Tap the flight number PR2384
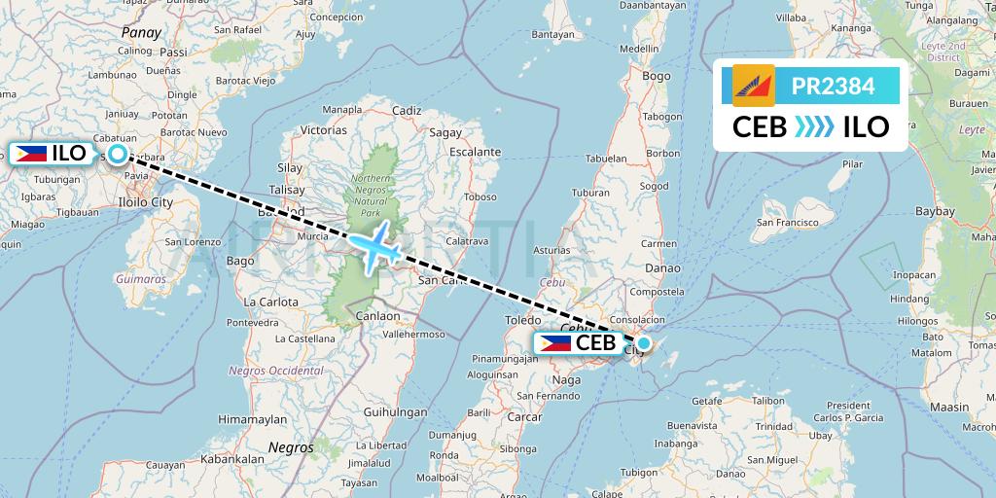[x=833, y=87]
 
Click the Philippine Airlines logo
[x=753, y=87]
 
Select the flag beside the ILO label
[x=31, y=153]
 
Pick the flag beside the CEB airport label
[x=555, y=342]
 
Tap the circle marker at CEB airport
[x=643, y=342]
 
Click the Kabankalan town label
[x=232, y=458]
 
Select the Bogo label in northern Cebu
[x=657, y=76]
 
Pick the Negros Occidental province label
[x=275, y=371]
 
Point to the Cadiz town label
[x=406, y=111]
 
